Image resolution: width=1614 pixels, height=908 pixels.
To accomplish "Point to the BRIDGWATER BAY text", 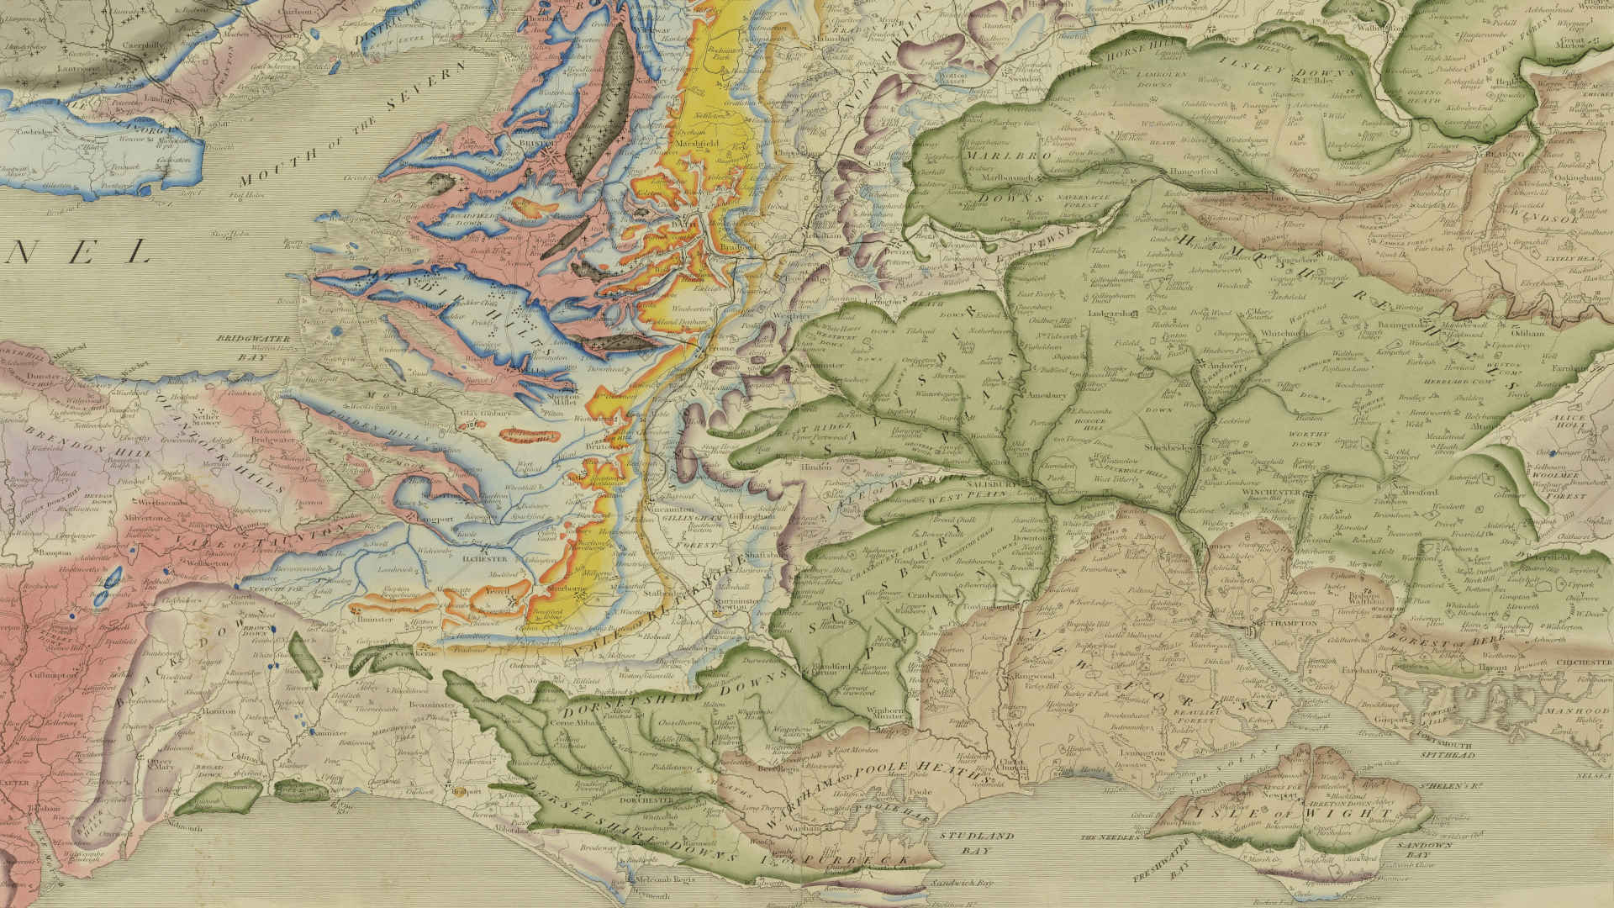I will coord(241,347).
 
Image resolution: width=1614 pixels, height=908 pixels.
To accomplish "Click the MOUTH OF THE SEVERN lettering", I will coord(353,126).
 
